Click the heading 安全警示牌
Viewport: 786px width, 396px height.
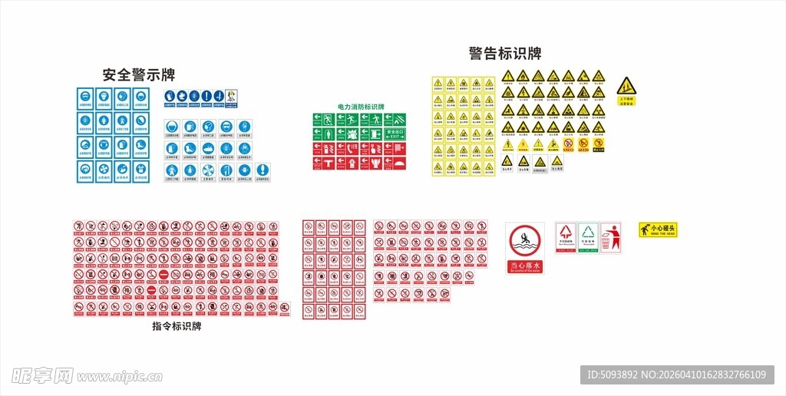coord(139,75)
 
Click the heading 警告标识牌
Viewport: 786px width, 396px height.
coord(505,54)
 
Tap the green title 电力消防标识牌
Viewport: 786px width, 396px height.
coord(361,107)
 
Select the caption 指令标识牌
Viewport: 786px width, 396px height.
coord(177,326)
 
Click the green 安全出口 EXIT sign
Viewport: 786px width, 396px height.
coord(395,134)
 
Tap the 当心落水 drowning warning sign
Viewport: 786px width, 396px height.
coord(525,248)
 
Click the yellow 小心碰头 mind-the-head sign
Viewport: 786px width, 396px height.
coord(658,229)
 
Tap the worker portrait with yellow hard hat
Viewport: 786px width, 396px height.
coord(231,96)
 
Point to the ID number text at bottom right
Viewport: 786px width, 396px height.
coord(676,375)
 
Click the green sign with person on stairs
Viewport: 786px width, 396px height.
coord(376,119)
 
